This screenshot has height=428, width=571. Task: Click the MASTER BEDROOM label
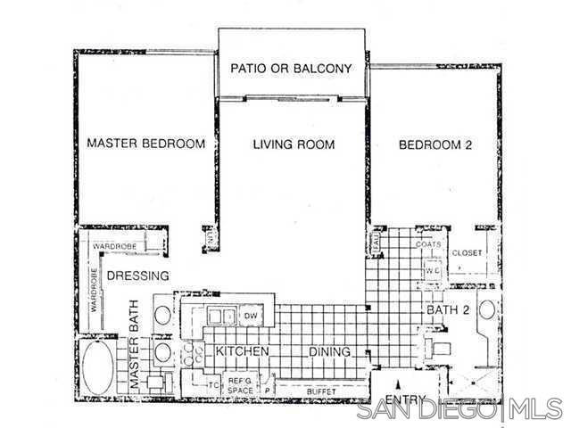[145, 144]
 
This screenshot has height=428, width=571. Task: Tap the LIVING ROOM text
[293, 144]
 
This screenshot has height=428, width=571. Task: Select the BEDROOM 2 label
[434, 144]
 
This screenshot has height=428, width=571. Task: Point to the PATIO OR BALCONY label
[292, 68]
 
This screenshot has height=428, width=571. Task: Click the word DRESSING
[138, 276]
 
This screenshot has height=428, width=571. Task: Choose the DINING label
[329, 352]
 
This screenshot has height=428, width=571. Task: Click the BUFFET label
[322, 390]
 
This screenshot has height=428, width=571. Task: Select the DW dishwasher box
[251, 316]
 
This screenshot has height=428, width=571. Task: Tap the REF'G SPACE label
[240, 386]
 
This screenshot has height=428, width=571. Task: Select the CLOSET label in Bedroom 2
[467, 253]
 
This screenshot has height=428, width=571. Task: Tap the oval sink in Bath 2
[487, 312]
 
